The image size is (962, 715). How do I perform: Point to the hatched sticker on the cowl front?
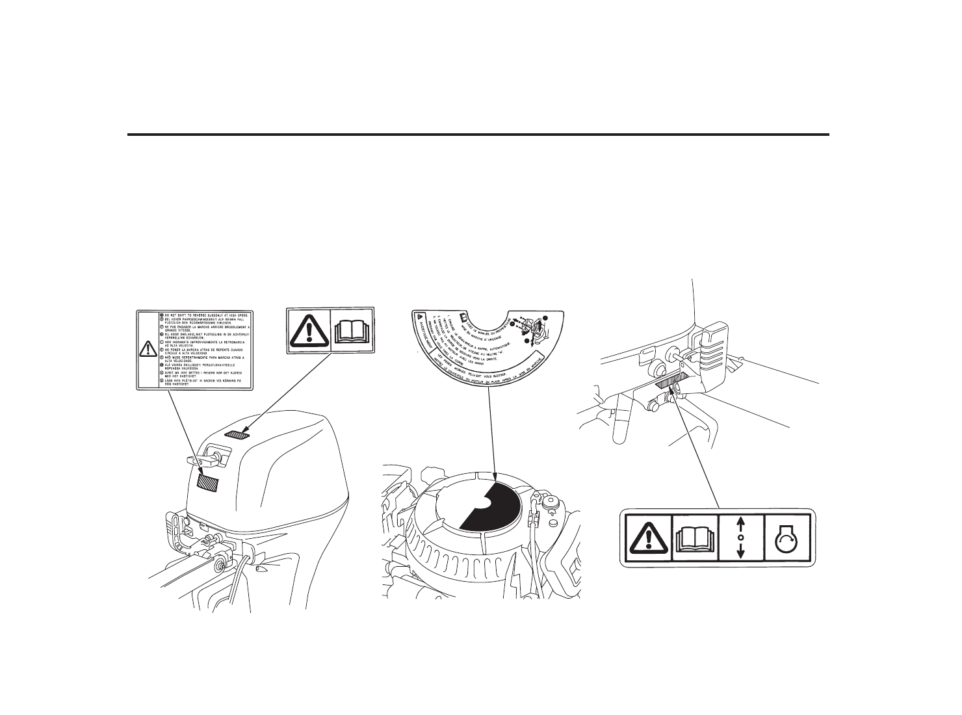point(209,483)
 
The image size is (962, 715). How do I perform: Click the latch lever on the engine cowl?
point(195,460)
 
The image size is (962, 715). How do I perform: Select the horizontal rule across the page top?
point(478,135)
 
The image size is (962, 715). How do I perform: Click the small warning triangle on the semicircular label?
point(416,317)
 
